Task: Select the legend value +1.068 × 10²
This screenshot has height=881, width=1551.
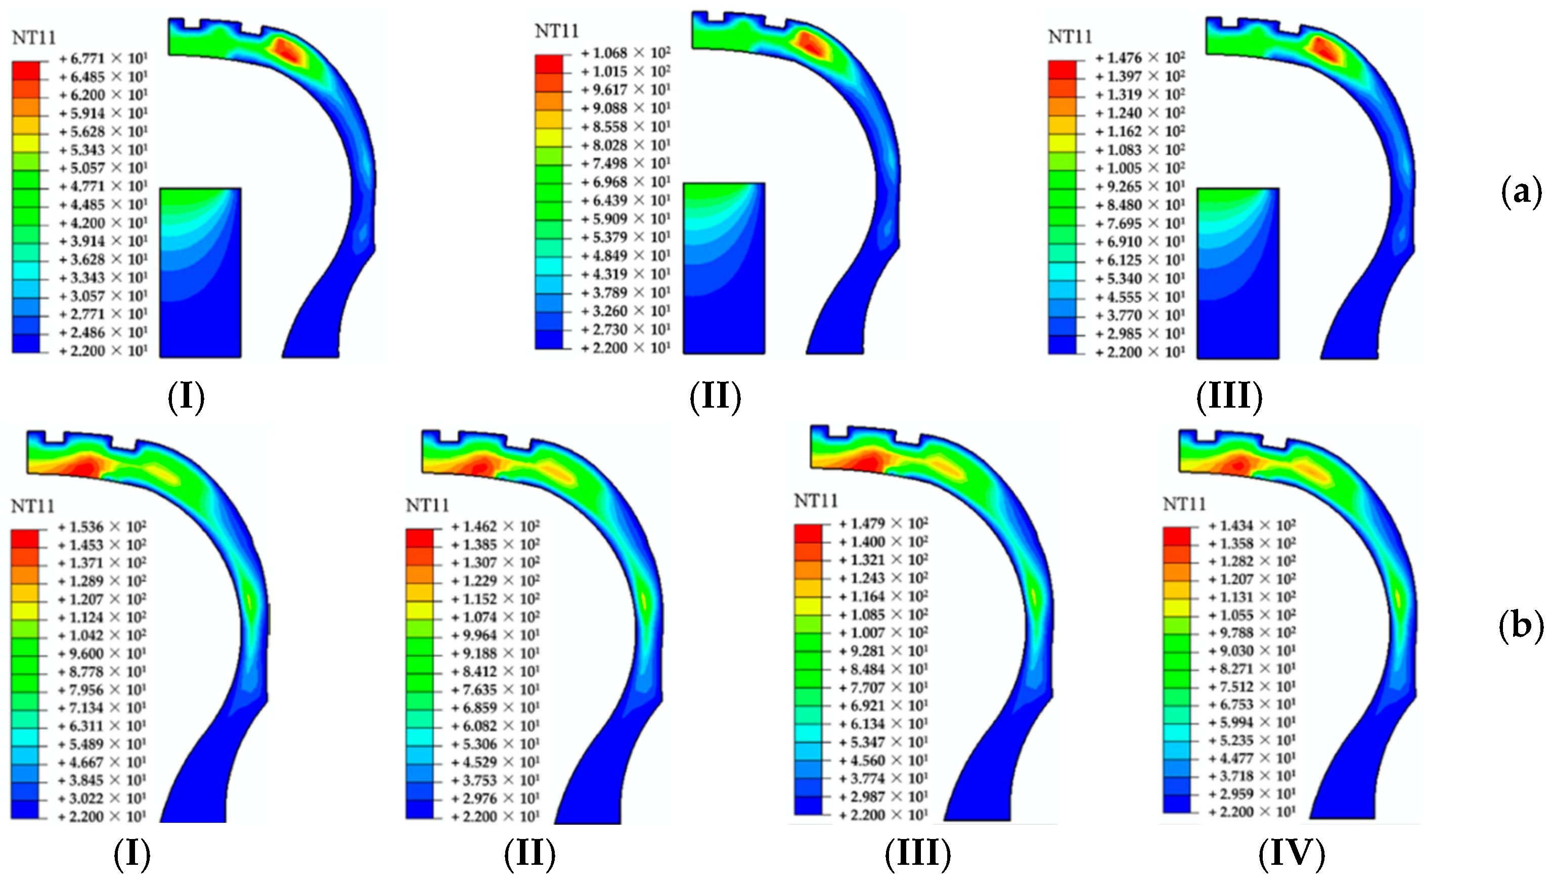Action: [626, 53]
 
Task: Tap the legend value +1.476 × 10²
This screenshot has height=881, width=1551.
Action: [1140, 58]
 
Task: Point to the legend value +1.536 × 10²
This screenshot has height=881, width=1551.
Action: [102, 526]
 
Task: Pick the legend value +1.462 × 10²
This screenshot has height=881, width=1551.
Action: [496, 526]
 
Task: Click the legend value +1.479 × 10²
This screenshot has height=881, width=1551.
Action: [884, 523]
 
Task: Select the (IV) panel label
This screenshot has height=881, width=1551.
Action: [1292, 853]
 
